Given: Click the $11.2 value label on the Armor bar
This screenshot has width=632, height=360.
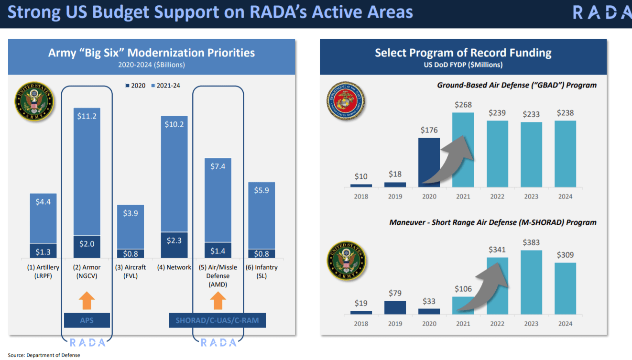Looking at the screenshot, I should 87,116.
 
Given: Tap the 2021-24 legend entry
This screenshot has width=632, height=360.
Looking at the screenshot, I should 165,86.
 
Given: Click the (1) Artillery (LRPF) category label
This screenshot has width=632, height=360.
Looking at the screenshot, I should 43,272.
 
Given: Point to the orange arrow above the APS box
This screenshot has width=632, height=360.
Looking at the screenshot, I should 87,301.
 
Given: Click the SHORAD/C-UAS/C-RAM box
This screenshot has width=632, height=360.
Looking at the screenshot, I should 217,320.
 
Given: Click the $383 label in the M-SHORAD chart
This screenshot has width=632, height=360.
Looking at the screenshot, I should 531,242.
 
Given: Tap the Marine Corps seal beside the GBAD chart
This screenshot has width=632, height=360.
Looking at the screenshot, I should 346,100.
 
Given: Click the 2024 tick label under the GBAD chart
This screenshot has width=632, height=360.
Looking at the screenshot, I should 565,196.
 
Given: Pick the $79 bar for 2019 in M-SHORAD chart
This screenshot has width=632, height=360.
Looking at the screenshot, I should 395,307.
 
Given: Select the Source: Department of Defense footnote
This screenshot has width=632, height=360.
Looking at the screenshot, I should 44,355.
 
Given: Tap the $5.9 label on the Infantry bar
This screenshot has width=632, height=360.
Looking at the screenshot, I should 261,190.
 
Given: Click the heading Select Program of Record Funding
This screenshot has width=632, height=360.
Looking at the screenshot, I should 463,53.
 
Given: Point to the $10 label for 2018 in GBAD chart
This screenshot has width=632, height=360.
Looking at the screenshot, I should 361,177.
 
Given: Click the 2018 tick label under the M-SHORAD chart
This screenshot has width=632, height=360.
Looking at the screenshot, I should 361,324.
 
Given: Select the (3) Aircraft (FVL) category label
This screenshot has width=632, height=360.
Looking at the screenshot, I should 131,272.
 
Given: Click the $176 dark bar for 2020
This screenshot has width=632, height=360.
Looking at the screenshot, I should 429,163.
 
